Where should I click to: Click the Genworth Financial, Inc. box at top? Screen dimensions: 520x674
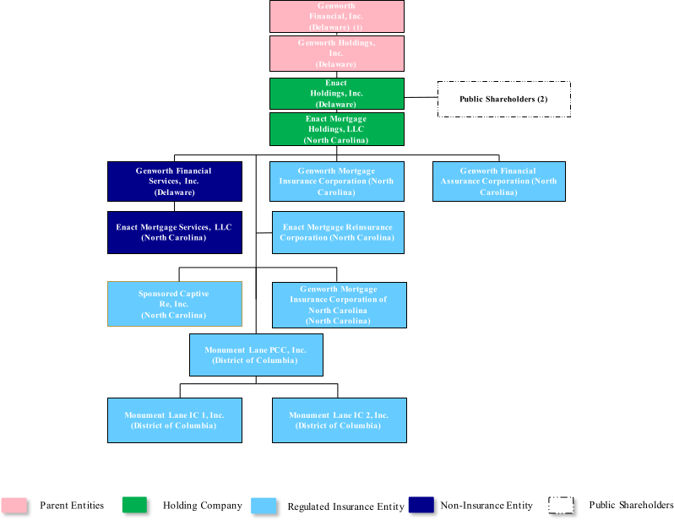(x=336, y=16)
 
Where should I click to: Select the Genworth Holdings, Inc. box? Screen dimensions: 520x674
(x=336, y=53)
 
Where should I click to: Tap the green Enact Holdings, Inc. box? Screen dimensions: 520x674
(x=336, y=94)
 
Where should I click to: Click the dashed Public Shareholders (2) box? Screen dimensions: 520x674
(x=503, y=99)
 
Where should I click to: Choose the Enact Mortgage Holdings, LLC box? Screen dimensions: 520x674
(x=336, y=129)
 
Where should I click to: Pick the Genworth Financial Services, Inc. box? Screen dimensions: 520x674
(x=174, y=181)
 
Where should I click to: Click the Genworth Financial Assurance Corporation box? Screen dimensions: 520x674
(x=498, y=181)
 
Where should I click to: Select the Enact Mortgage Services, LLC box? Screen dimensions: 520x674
(x=174, y=232)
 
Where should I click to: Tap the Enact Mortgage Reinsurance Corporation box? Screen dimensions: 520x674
(x=337, y=232)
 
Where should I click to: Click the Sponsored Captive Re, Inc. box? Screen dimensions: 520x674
(x=174, y=304)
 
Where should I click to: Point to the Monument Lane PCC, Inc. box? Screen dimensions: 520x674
(x=255, y=355)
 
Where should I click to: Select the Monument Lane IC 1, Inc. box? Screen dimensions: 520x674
(x=174, y=420)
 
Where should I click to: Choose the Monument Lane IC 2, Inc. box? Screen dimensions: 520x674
(x=339, y=420)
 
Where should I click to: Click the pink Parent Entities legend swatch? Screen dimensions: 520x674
(x=14, y=506)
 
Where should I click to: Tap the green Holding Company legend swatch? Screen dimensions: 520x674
(x=134, y=506)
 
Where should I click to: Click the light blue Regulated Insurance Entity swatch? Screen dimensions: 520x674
(x=264, y=506)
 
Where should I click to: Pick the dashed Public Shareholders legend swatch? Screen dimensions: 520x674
(x=562, y=506)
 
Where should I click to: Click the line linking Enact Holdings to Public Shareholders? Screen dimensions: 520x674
(x=421, y=98)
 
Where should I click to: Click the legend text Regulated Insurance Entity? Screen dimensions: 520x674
(x=345, y=506)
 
